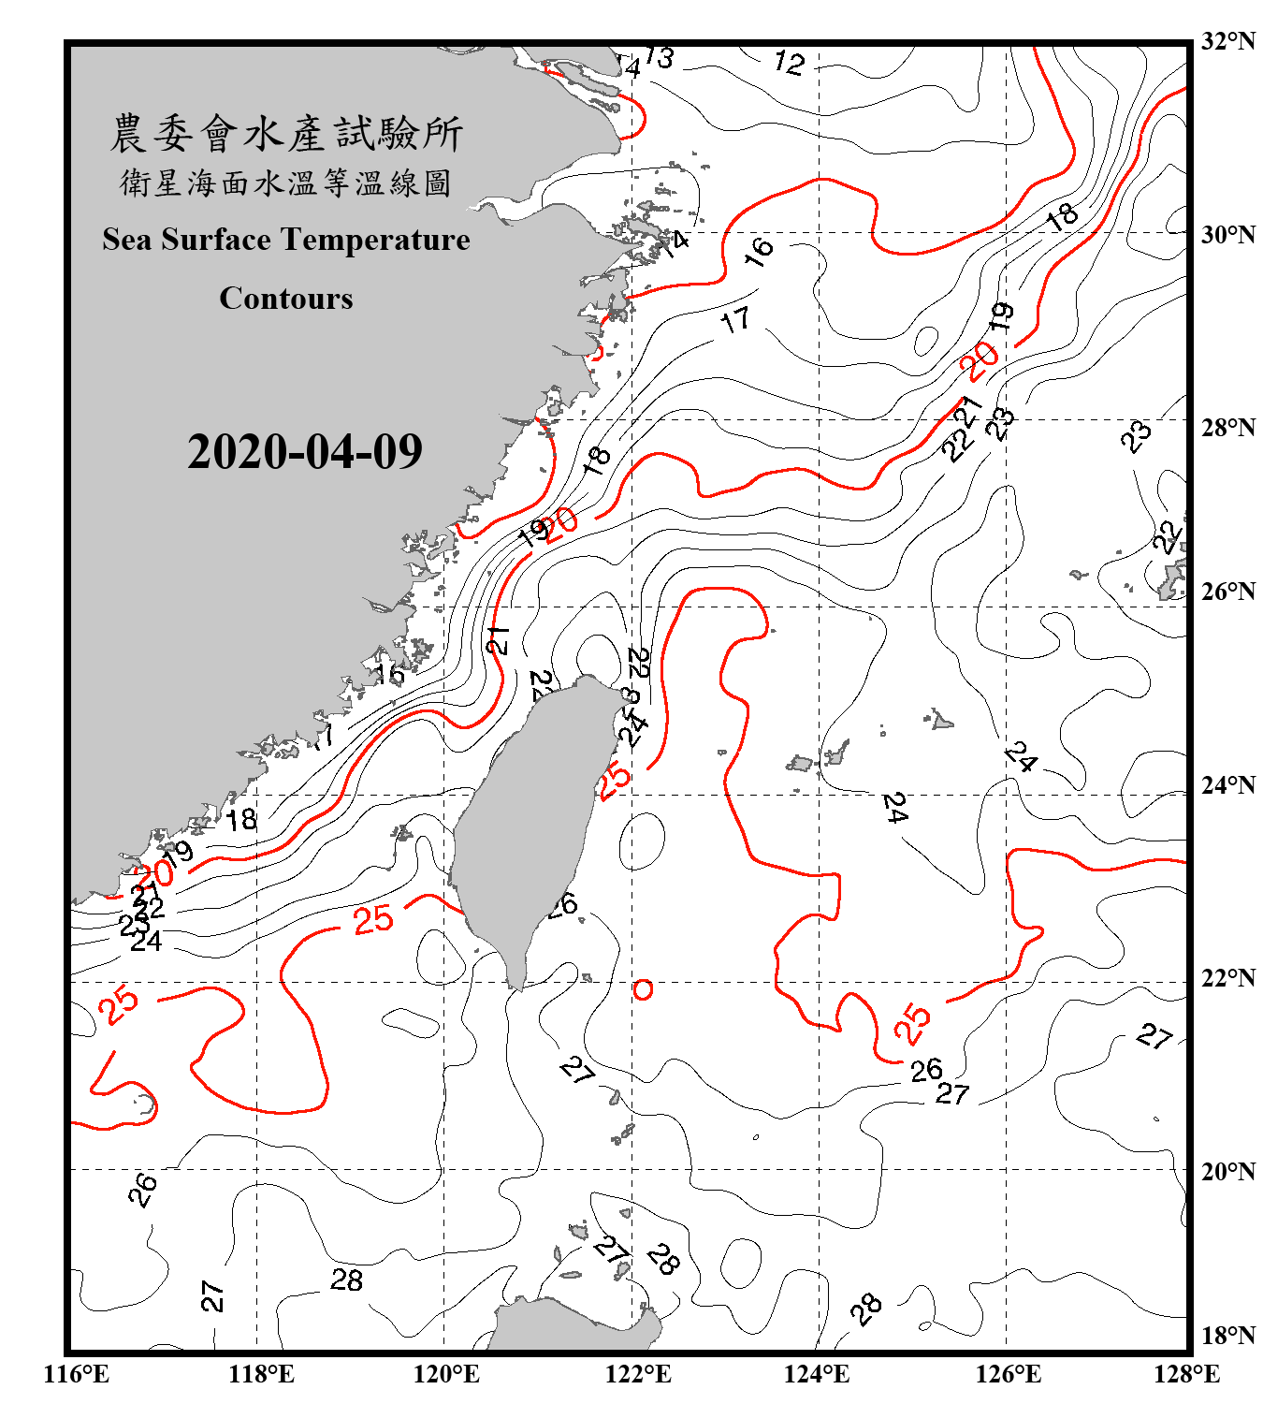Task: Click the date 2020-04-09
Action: tap(305, 451)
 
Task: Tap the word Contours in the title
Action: tap(286, 298)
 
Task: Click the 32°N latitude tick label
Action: tap(1227, 41)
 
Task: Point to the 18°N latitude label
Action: tap(1227, 1335)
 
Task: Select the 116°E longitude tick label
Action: tap(77, 1374)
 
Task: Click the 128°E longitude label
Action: tap(1186, 1374)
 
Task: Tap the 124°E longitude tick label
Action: tap(817, 1374)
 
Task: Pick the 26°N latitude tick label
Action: tap(1227, 592)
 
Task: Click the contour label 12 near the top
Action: tap(789, 63)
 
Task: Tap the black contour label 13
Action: tap(659, 58)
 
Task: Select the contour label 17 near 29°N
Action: tap(735, 320)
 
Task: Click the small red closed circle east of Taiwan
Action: tap(643, 988)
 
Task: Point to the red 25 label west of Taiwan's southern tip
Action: tap(373, 919)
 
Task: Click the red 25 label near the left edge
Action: tap(119, 1004)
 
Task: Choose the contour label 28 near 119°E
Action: tap(346, 1280)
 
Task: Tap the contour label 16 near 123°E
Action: tap(759, 250)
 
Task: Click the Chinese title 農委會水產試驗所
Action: tap(286, 133)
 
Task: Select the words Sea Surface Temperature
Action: tap(286, 240)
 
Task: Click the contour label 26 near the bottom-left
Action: tap(142, 1190)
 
